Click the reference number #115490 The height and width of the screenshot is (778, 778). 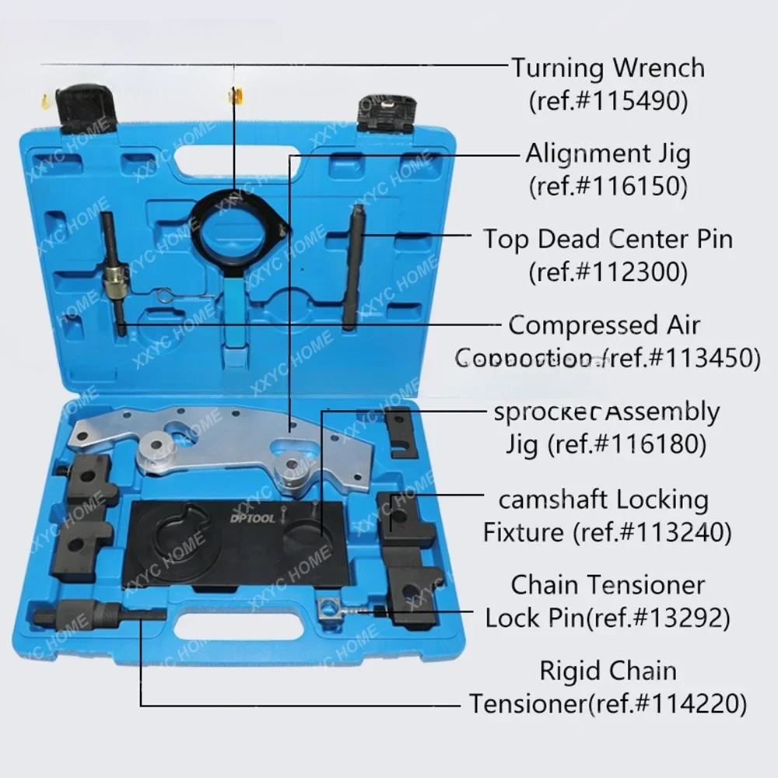coord(608,101)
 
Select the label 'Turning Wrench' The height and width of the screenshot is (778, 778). coord(608,68)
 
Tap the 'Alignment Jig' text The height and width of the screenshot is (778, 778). coord(608,153)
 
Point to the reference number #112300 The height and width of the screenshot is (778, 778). coord(608,272)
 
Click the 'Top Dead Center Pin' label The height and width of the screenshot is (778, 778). coord(608,239)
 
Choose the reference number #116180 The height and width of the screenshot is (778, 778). coord(640,444)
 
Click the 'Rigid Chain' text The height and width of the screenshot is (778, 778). coord(608,671)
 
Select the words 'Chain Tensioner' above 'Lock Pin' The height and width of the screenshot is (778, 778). coord(608,584)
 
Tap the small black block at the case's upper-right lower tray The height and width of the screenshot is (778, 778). coord(401,432)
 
